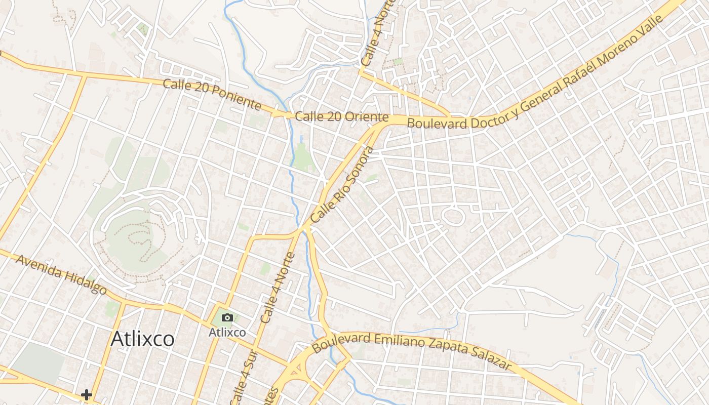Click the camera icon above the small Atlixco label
pos(227,318)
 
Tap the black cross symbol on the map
pos(87,394)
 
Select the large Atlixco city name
pos(142,339)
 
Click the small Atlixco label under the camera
pos(227,333)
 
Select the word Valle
pos(650,27)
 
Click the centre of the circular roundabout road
pos(453,217)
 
